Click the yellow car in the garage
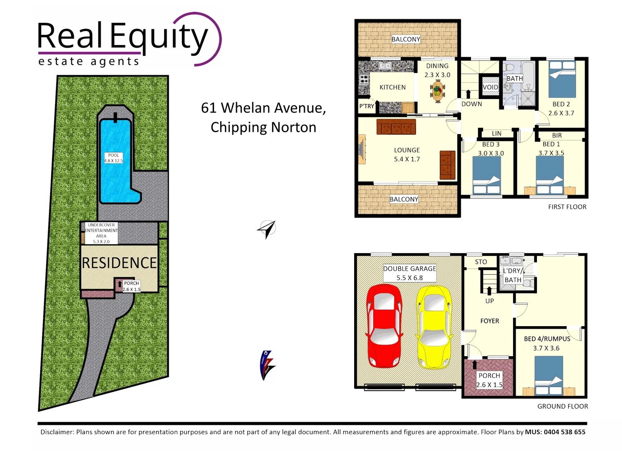[x=434, y=327]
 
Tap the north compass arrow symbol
[x=267, y=229]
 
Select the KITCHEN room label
[x=392, y=87]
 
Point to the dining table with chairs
[x=437, y=91]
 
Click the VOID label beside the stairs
[x=490, y=87]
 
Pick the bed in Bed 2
[x=562, y=79]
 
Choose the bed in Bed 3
[x=486, y=175]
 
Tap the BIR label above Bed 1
[x=557, y=135]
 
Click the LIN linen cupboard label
[x=496, y=134]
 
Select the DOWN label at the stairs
[x=471, y=104]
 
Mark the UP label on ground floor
[x=489, y=301]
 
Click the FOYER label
[x=489, y=321]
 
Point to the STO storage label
[x=481, y=262]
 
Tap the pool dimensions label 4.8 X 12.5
[x=113, y=160]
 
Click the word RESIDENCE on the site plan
[x=119, y=263]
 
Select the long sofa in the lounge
[x=396, y=127]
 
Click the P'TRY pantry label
[x=367, y=106]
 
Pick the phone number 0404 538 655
[x=564, y=432]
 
